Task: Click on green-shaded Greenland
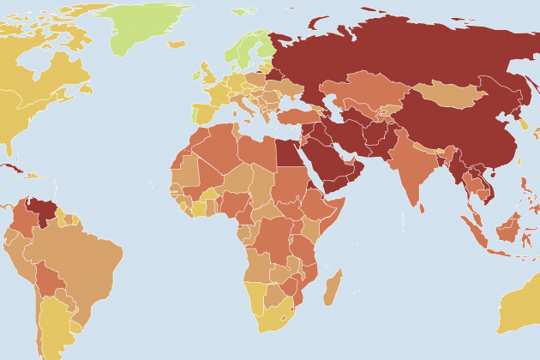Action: pyautogui.click(x=150, y=26)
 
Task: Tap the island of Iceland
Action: pyautogui.click(x=176, y=44)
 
